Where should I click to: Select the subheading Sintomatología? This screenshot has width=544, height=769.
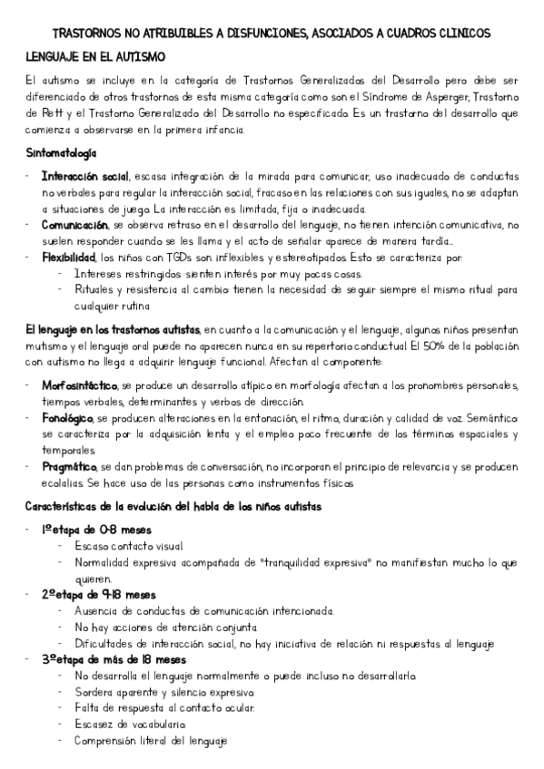(63, 154)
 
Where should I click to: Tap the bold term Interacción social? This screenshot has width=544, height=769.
(85, 176)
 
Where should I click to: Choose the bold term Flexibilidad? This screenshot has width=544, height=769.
(68, 257)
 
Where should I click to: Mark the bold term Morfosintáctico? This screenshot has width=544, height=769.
(80, 384)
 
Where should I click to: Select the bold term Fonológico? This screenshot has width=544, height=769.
(67, 418)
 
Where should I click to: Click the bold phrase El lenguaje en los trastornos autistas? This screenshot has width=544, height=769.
(114, 329)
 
